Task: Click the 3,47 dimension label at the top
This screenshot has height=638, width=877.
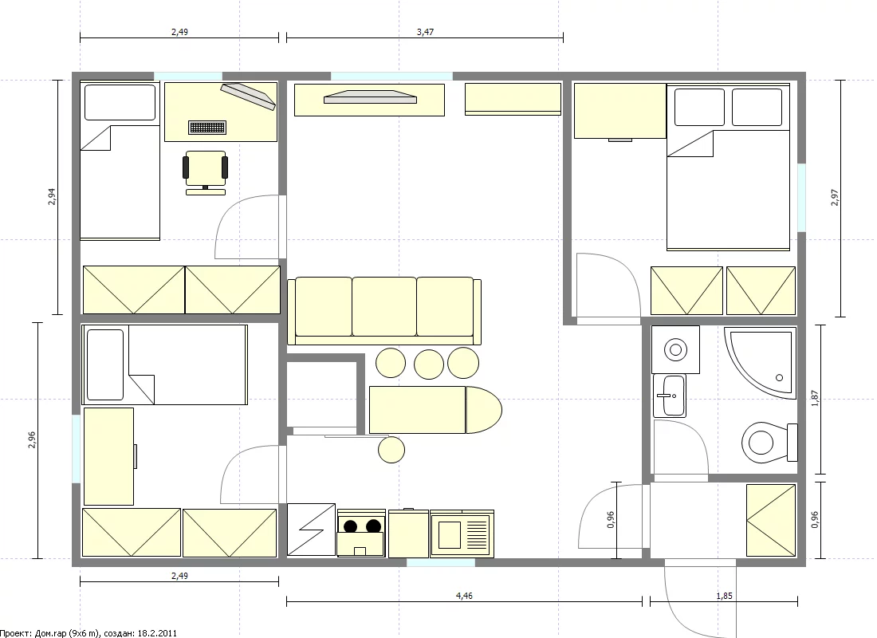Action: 425,32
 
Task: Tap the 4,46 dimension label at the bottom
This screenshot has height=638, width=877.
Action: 464,596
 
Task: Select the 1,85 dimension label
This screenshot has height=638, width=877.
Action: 724,596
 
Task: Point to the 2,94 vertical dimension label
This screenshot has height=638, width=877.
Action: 52,197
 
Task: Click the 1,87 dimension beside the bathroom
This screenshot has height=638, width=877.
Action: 815,399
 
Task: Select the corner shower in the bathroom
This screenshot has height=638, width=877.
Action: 760,363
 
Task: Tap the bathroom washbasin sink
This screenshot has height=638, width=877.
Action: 670,396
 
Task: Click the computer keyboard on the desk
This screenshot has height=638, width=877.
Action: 207,128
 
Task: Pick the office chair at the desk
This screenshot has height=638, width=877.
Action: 205,172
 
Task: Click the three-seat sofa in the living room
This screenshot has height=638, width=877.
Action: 384,310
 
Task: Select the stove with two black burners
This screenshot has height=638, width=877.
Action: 361,533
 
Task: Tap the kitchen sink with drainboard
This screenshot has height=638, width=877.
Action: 462,534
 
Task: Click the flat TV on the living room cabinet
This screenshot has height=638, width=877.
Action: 370,96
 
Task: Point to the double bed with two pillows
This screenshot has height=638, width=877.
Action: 728,167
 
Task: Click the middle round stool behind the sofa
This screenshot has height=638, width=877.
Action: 429,364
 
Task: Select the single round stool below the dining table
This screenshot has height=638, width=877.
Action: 391,449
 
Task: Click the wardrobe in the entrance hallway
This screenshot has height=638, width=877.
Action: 771,521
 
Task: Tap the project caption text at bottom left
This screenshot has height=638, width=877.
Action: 88,633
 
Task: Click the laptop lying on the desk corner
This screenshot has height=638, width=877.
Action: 248,96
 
